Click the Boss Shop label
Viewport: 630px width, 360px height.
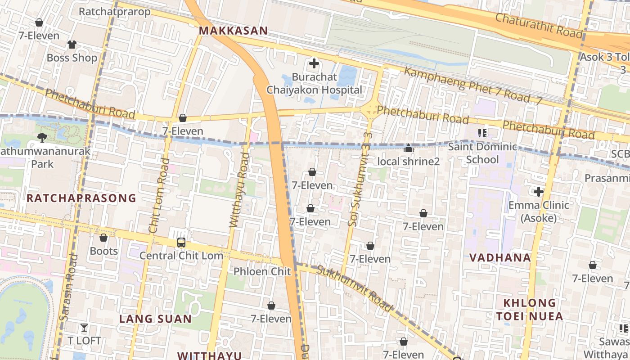72,58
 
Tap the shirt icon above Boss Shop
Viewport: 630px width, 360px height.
72,44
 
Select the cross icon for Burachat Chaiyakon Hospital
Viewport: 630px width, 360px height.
314,63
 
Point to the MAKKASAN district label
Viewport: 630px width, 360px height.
233,31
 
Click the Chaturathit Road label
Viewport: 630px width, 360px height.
539,25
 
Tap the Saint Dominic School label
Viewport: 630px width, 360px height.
482,153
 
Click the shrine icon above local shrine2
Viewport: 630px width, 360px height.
408,148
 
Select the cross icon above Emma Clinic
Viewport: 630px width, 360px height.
539,192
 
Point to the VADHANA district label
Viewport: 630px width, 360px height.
500,258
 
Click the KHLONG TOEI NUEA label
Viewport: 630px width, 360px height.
530,309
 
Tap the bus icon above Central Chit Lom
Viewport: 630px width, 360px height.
181,243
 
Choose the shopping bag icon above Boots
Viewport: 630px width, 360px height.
103,238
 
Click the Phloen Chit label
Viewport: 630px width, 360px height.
262,271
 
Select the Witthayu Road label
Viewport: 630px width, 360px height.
239,189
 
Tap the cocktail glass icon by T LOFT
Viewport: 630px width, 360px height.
84,327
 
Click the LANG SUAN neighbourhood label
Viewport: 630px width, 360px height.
155,319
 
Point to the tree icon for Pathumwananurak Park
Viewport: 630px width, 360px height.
42,137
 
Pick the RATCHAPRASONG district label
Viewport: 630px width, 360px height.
81,198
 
